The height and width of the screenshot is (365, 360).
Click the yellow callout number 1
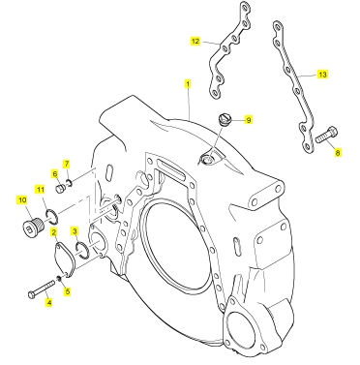pos(188,84)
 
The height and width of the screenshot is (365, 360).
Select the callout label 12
pos(195,41)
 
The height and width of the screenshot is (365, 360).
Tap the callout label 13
pos(322,75)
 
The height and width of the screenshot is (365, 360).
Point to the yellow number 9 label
pos(249,120)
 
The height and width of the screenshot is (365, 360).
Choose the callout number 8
pos(338,152)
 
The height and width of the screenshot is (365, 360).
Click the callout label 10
pos(22,200)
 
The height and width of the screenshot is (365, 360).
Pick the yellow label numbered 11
pos(41,190)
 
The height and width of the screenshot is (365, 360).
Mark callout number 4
pos(49,302)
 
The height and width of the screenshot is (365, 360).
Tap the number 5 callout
pos(68,291)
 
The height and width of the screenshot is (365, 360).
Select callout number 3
pos(75,231)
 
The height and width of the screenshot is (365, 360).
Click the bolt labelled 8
pos(327,136)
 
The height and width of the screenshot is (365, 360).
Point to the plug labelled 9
pos(224,119)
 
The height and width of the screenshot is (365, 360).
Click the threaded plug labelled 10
pos(32,224)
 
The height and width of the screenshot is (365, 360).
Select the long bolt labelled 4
pos(42,289)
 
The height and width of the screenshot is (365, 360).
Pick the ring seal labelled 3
pos(81,251)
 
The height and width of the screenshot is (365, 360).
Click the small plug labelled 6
pos(60,189)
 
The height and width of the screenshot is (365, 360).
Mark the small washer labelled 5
pos(59,278)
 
